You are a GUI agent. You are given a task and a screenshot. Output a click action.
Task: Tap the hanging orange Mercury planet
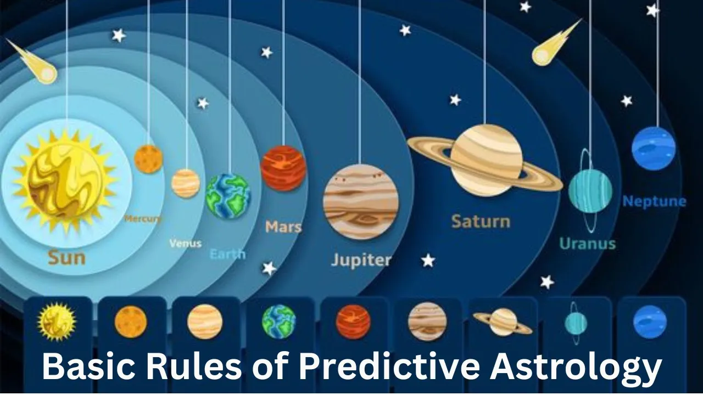148,159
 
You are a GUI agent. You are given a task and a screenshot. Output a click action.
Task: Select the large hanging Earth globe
228,196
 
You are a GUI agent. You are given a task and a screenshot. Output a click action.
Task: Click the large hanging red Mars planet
283,168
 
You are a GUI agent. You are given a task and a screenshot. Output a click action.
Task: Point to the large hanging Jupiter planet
361,202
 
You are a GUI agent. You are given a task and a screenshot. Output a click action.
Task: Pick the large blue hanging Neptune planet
654,149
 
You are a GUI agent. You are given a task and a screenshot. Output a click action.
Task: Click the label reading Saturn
481,222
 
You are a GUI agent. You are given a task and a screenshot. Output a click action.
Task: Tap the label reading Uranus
588,244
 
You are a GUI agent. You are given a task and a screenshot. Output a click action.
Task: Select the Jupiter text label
361,260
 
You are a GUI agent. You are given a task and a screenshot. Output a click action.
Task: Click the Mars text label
283,227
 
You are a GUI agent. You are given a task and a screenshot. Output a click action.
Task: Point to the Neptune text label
654,201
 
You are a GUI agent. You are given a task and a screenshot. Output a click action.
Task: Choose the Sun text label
67,258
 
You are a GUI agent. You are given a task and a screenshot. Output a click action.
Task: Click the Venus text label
186,243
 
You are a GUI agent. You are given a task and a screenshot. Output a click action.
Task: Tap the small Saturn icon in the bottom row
503,322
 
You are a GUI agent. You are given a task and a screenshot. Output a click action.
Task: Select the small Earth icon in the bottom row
279,322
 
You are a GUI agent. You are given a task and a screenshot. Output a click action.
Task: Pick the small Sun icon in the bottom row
57,321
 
